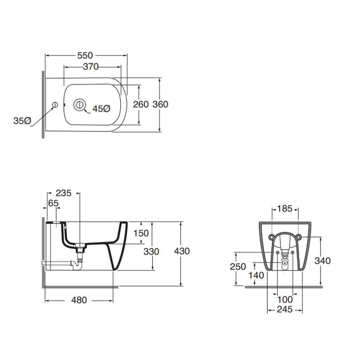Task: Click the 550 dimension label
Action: click(x=85, y=55)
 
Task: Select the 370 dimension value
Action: click(x=91, y=66)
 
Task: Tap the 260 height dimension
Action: click(x=141, y=104)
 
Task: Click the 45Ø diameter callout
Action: click(x=101, y=109)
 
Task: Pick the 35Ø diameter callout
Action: click(x=22, y=121)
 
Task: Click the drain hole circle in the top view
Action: click(x=79, y=104)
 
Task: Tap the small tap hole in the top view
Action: click(x=55, y=105)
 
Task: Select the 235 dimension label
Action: click(x=64, y=193)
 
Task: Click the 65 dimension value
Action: click(x=54, y=204)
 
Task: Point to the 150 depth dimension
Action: click(x=141, y=233)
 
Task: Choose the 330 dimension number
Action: click(x=151, y=252)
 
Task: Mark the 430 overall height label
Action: click(x=182, y=251)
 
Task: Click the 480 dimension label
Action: click(x=79, y=300)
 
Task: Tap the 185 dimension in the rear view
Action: click(x=284, y=209)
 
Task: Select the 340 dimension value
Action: click(x=323, y=261)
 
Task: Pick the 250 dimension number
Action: click(x=238, y=267)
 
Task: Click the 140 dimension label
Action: click(x=256, y=276)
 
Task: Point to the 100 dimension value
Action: click(x=285, y=300)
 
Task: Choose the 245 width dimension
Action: click(x=284, y=310)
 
